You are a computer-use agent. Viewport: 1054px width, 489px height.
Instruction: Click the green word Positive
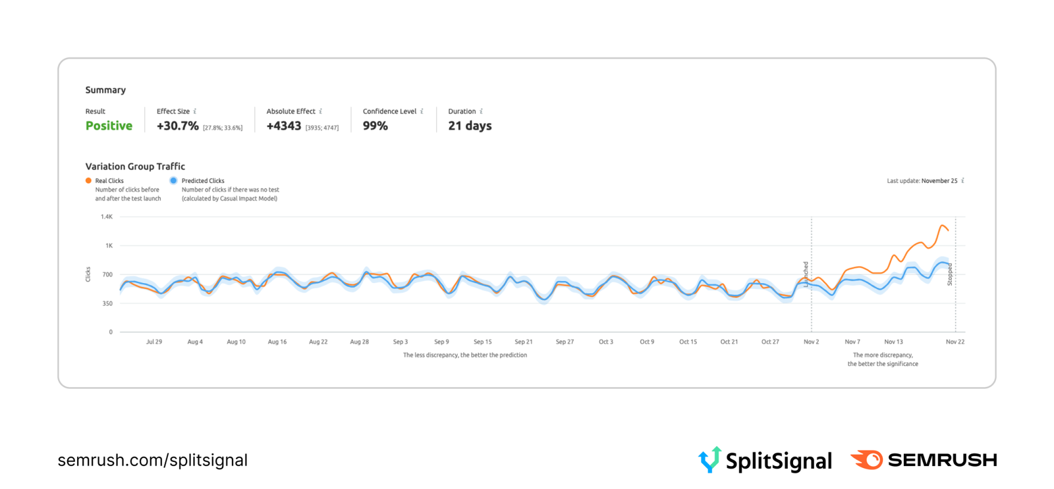(x=109, y=126)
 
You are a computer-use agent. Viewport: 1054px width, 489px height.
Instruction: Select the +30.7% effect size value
(x=178, y=126)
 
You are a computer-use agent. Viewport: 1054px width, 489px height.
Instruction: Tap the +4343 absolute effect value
(x=283, y=126)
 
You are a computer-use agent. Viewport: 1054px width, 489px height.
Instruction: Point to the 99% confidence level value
(x=375, y=126)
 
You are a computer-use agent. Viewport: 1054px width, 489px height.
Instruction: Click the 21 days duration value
(x=470, y=126)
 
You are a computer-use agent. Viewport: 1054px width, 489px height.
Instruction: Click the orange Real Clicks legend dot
(x=88, y=180)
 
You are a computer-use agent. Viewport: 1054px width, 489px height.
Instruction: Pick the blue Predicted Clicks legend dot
(x=173, y=180)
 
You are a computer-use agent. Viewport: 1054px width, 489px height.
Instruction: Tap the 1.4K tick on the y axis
(x=106, y=217)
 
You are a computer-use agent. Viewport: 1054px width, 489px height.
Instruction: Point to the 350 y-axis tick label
(x=107, y=303)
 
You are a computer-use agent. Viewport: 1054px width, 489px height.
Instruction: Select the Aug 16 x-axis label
(x=277, y=342)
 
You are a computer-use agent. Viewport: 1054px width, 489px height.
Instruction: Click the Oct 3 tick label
(x=605, y=342)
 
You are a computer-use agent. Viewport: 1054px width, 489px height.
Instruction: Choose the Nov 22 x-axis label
(x=955, y=342)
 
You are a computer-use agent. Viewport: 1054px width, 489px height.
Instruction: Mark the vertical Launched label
(x=806, y=274)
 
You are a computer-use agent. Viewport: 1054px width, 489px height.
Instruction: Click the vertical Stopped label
(x=949, y=274)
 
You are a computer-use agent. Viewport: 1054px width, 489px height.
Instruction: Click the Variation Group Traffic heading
(x=135, y=167)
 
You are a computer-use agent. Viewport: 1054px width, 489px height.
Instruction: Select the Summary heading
(x=105, y=90)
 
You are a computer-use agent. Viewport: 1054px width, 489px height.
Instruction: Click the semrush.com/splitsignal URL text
(x=152, y=460)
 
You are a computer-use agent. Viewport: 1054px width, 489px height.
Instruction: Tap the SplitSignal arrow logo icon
(x=709, y=459)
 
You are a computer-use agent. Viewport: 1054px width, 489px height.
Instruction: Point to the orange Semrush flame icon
(x=867, y=459)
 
